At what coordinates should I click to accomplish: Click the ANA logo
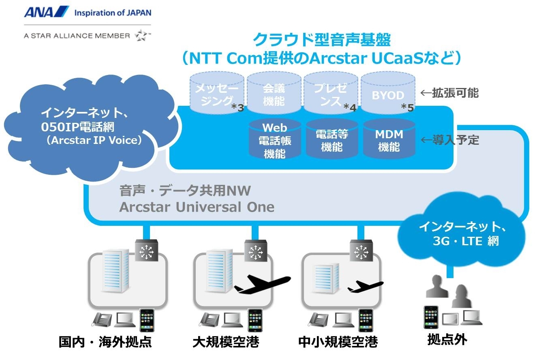point(47,12)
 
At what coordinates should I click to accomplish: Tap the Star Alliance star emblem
point(141,36)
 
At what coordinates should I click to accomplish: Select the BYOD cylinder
point(388,93)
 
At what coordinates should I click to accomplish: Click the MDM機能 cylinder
point(389,139)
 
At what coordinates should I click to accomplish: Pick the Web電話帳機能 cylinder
point(275,139)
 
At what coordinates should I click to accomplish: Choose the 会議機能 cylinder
point(274,93)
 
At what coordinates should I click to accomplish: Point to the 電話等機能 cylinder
point(332,139)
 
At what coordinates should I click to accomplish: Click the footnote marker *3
point(238,107)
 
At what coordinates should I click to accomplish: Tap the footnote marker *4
point(350,107)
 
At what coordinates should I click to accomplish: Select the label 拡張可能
point(455,93)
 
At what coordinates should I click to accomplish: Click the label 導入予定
point(456,140)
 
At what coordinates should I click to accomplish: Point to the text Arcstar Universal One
point(197,207)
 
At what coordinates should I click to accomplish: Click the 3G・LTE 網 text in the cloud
point(466,241)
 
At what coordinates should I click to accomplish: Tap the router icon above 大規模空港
point(256,251)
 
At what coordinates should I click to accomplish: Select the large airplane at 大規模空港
point(263,284)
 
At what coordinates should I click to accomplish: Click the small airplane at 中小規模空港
point(366,287)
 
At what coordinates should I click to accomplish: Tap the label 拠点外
point(447,340)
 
